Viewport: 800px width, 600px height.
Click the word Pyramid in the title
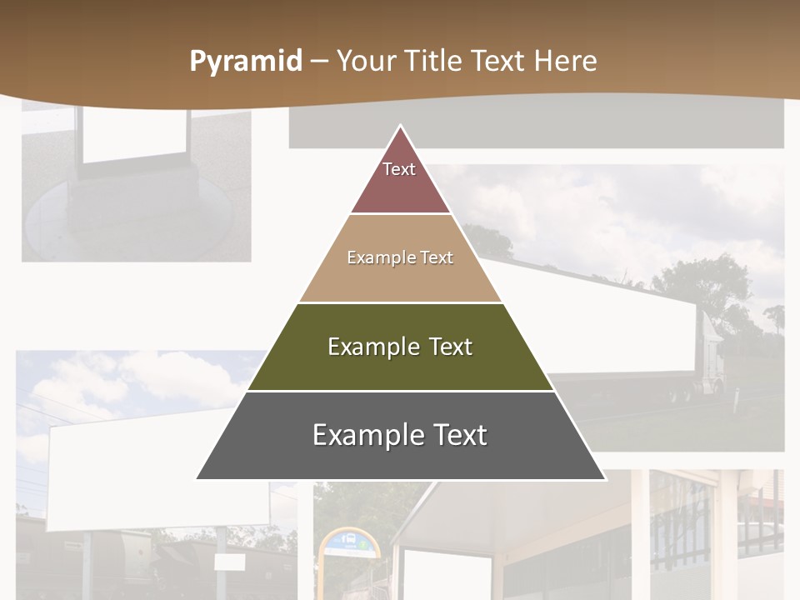pos(246,62)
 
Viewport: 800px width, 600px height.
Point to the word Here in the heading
pos(565,61)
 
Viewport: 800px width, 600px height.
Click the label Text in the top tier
pos(399,169)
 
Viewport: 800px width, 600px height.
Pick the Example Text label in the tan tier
pos(400,257)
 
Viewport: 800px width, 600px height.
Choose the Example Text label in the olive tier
pos(400,347)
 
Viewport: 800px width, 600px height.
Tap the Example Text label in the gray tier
pos(400,435)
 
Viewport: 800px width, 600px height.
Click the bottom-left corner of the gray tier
pos(197,479)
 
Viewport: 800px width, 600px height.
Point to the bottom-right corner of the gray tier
pos(605,479)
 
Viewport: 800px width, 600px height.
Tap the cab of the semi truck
pos(711,350)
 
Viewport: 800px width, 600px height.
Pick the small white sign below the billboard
pos(229,562)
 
